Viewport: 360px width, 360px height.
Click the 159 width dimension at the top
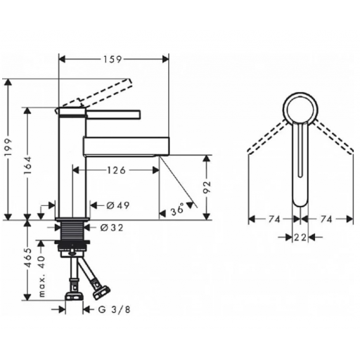pos(112,59)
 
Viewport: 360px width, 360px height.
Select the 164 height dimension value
pos(27,165)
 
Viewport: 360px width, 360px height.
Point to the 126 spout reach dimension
pos(117,170)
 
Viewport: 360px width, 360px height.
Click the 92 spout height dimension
pos(207,187)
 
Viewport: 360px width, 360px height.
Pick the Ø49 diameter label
pos(118,205)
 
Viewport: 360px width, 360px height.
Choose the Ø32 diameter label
pos(112,228)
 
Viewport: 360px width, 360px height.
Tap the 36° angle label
pos(177,210)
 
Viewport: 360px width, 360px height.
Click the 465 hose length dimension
pos(28,257)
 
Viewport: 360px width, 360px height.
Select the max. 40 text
pos(41,276)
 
